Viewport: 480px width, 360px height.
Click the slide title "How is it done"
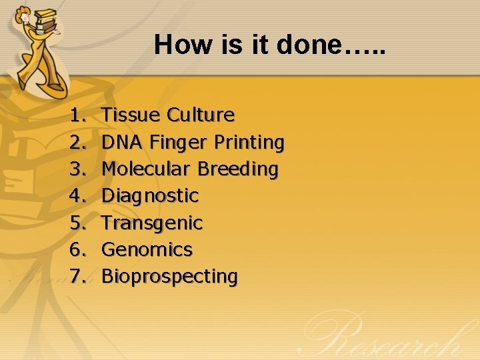click(270, 45)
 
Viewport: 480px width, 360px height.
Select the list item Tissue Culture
click(168, 115)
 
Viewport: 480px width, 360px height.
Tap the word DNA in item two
click(123, 142)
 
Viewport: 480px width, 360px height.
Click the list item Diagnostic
click(150, 196)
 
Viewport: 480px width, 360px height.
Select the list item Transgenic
click(152, 223)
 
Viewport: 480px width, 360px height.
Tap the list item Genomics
click(147, 249)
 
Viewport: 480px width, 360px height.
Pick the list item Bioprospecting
click(169, 276)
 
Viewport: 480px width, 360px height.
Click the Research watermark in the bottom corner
click(393, 337)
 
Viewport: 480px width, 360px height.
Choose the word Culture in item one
click(201, 115)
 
